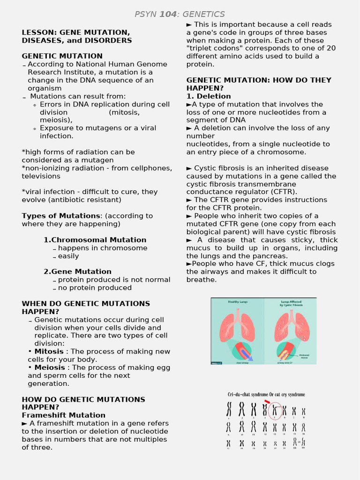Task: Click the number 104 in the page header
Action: tap(168, 15)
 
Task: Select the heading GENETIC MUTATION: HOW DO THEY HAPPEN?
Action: tap(258, 84)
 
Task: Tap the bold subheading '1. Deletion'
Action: tap(209, 96)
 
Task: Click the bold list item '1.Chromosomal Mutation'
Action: tap(95, 240)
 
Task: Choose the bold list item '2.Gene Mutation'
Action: tap(77, 271)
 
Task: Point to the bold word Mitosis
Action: tap(49, 352)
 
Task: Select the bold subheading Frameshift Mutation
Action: tap(63, 415)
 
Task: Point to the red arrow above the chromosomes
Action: tap(267, 402)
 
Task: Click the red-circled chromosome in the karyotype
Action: tap(275, 410)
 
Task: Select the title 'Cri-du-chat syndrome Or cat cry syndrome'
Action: tap(266, 395)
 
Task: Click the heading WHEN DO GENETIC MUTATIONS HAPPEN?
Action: tap(86, 307)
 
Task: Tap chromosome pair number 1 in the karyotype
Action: tap(229, 409)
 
